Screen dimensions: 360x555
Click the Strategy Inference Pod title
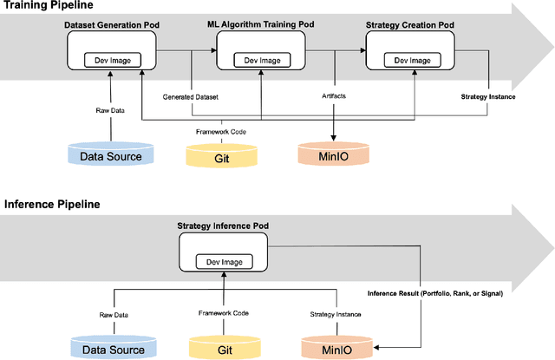click(x=223, y=226)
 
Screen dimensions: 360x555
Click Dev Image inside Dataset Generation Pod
click(x=110, y=60)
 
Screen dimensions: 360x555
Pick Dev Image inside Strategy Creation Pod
click(x=412, y=60)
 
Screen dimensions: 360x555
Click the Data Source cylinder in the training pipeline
click(x=110, y=155)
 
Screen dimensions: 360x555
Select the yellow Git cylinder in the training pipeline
click(x=223, y=156)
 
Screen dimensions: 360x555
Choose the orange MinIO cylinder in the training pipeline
click(x=334, y=156)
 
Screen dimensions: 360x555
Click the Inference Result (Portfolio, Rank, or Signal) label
click(x=434, y=292)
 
